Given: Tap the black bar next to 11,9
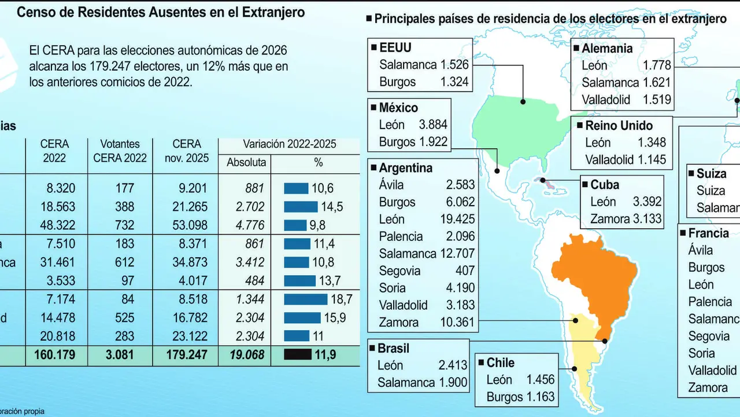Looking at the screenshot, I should (x=297, y=354).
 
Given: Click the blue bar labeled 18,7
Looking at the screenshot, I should (x=305, y=299).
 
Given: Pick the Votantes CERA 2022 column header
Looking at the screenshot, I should (x=120, y=151).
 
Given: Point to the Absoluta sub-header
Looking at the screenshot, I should (x=246, y=163).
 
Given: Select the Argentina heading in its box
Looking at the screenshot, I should (x=405, y=168).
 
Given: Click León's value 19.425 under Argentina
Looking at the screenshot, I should (x=456, y=219).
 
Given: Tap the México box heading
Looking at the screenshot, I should (x=398, y=108).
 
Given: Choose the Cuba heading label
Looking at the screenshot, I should (x=604, y=185).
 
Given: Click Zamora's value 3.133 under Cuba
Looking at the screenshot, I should (x=643, y=219).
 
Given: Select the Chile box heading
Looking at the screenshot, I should (x=500, y=363).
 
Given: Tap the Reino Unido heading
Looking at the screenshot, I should (x=619, y=126).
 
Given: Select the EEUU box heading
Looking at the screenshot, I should (x=395, y=47).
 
